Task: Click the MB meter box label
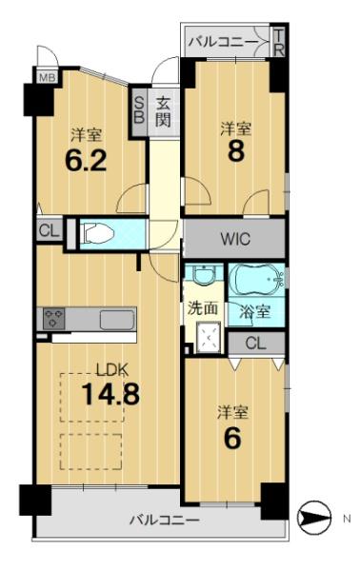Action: click(x=47, y=77)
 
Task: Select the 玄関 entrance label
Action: click(x=163, y=112)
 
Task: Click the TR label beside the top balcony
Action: click(x=279, y=43)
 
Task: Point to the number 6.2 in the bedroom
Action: click(x=86, y=160)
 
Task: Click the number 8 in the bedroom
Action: click(x=236, y=152)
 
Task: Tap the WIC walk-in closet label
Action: click(x=235, y=239)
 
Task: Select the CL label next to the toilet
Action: click(x=49, y=231)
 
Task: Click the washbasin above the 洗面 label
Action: click(x=204, y=275)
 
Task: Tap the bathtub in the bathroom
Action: click(x=256, y=280)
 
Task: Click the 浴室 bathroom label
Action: click(x=254, y=312)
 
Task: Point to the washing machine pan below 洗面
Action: click(x=209, y=337)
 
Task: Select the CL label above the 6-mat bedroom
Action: click(x=256, y=343)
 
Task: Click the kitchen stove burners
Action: click(x=54, y=319)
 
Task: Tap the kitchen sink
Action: click(x=117, y=320)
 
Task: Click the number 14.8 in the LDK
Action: click(x=110, y=395)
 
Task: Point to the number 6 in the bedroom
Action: click(x=232, y=438)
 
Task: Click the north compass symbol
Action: click(x=314, y=517)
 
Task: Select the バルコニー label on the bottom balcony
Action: click(x=165, y=520)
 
